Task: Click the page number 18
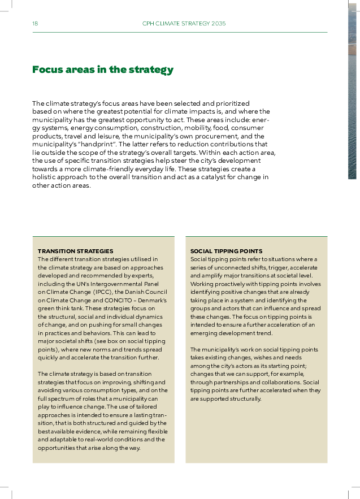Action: click(x=35, y=24)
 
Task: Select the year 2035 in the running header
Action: click(x=218, y=24)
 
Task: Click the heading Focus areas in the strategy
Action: click(x=103, y=70)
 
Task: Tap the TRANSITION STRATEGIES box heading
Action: click(x=76, y=251)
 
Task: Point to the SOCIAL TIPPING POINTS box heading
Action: click(x=226, y=251)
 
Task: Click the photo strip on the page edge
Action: click(x=352, y=90)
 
